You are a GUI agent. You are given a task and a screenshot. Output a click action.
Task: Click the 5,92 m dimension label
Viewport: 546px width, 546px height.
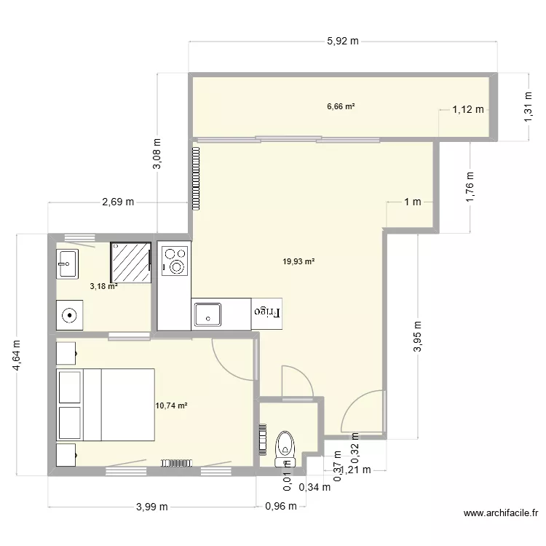[342, 41]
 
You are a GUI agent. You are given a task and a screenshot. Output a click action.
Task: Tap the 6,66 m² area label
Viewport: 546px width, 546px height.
[341, 106]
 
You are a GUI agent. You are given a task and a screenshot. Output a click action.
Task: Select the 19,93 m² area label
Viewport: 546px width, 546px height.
[299, 261]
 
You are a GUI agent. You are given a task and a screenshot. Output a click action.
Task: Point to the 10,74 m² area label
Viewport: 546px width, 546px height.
[171, 405]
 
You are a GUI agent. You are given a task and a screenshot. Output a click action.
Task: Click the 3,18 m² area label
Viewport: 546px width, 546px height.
[103, 286]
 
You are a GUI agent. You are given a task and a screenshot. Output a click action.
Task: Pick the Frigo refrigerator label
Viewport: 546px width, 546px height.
[266, 312]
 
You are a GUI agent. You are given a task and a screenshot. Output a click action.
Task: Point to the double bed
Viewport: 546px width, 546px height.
[106, 405]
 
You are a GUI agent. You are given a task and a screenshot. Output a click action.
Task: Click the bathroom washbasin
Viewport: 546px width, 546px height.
[68, 263]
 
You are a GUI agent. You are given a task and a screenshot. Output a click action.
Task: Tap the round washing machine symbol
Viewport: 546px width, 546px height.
[70, 315]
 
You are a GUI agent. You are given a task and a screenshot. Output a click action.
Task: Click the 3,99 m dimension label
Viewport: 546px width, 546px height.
[151, 507]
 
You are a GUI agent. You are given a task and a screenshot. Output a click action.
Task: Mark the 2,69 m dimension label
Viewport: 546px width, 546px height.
[117, 202]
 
